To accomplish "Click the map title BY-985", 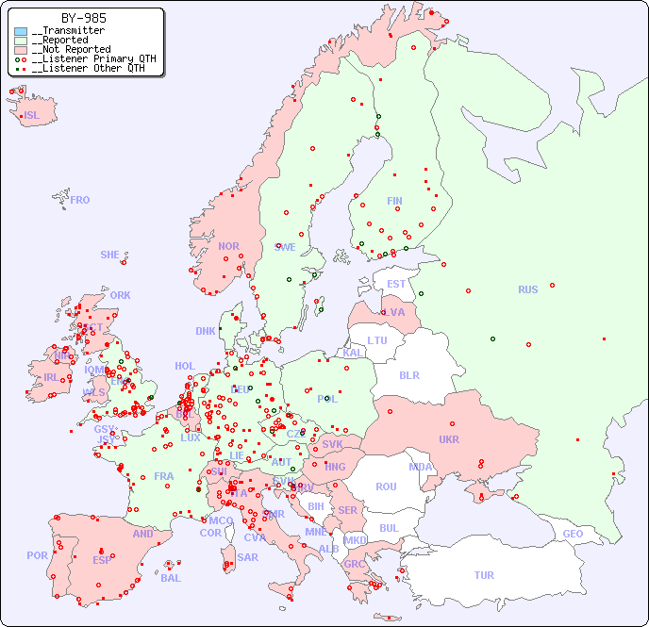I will click(83, 18).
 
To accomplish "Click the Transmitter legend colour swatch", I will click(21, 31).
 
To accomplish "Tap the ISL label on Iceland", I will click(31, 116).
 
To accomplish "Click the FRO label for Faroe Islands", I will click(80, 200).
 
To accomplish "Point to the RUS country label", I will click(527, 289).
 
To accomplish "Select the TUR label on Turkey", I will click(484, 575).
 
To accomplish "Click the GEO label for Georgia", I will click(573, 534).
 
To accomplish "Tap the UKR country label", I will click(448, 439).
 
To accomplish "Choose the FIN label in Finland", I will click(394, 201).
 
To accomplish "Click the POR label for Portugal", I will click(37, 555).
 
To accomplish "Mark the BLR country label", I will click(408, 374).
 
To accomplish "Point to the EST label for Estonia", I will click(396, 284).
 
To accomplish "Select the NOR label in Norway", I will click(228, 246).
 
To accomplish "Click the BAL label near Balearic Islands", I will click(170, 578).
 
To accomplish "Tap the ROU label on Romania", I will click(386, 487).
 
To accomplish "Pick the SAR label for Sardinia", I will click(247, 557).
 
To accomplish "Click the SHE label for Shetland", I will click(109, 255).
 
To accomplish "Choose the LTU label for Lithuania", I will click(377, 340).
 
